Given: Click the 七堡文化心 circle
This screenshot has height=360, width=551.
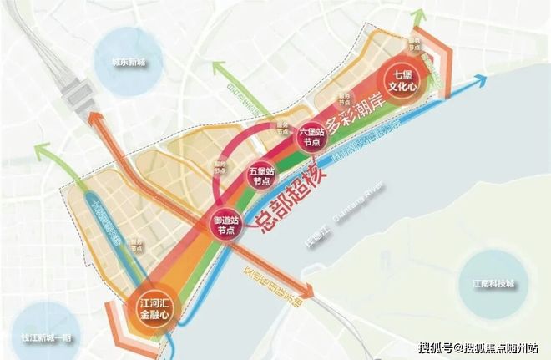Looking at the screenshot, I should point(402,81).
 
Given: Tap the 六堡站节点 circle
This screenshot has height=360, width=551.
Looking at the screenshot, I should point(311,136).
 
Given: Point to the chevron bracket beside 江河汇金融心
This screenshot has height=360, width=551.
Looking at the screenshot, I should point(116,326).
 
